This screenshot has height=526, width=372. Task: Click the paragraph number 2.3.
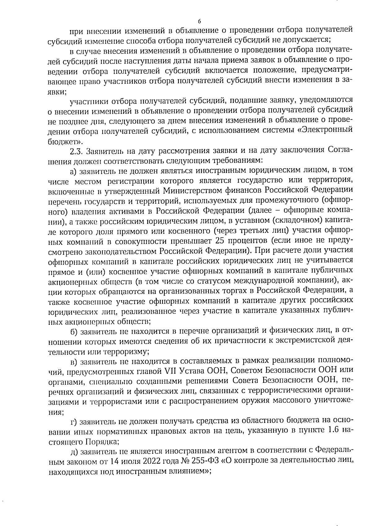pos(76,151)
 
